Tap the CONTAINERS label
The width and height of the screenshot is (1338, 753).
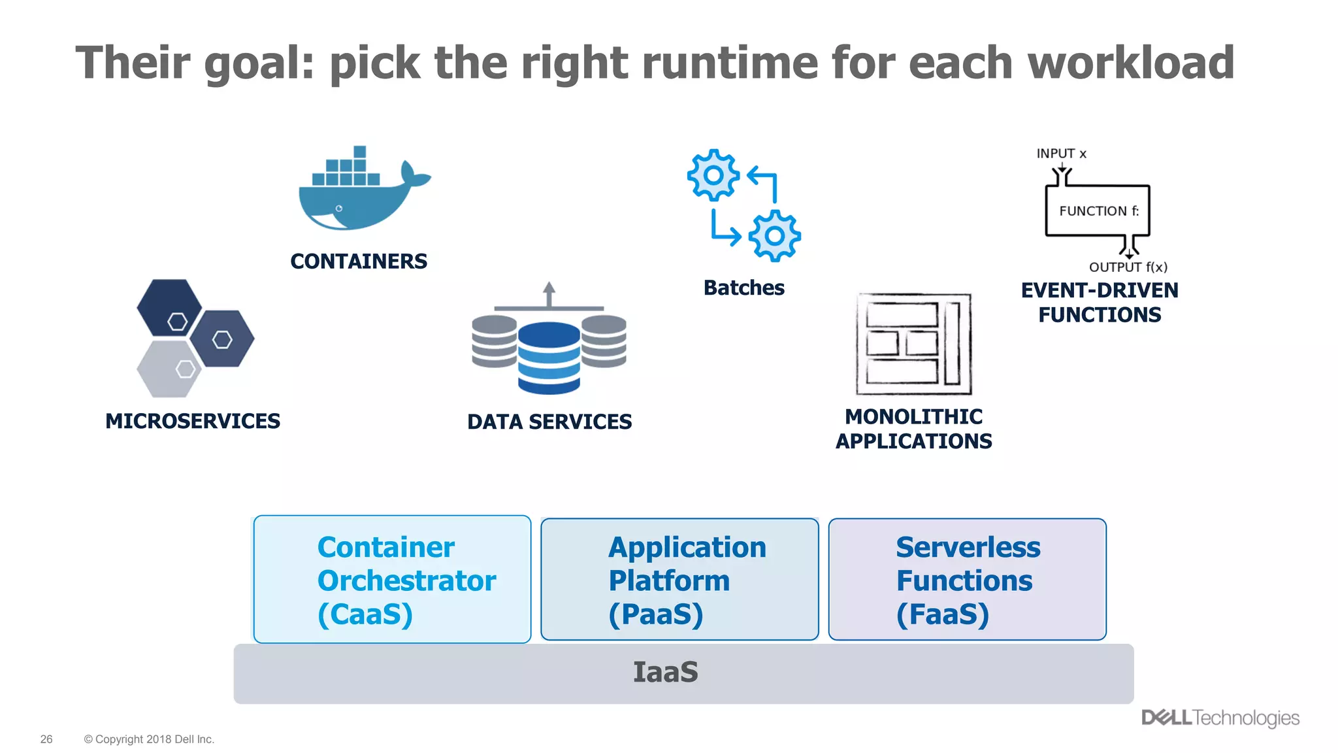[359, 261]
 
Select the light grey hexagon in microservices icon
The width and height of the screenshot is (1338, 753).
[168, 369]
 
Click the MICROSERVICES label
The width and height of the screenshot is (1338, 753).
[193, 421]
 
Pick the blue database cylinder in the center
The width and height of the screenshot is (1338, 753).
[549, 358]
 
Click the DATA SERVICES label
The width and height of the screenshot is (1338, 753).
[549, 422]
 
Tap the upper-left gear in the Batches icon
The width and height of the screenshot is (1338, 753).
[713, 175]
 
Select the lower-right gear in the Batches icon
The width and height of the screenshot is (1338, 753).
[774, 236]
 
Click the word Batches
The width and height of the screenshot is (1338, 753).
[743, 288]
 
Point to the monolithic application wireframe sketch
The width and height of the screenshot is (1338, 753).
[913, 344]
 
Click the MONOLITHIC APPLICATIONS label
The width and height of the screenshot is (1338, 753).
[913, 429]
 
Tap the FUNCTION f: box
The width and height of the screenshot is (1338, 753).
[1098, 210]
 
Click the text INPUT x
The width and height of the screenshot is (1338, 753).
[1061, 154]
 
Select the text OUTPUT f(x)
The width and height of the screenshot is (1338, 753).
[1128, 267]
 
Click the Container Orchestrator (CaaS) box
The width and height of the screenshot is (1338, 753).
[392, 579]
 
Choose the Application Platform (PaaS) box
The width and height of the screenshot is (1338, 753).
[679, 579]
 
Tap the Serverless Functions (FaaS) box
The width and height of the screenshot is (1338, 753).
[967, 579]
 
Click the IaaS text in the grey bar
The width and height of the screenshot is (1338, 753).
[665, 673]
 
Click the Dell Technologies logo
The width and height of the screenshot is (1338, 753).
[1220, 718]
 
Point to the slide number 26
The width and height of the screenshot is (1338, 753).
[46, 739]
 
